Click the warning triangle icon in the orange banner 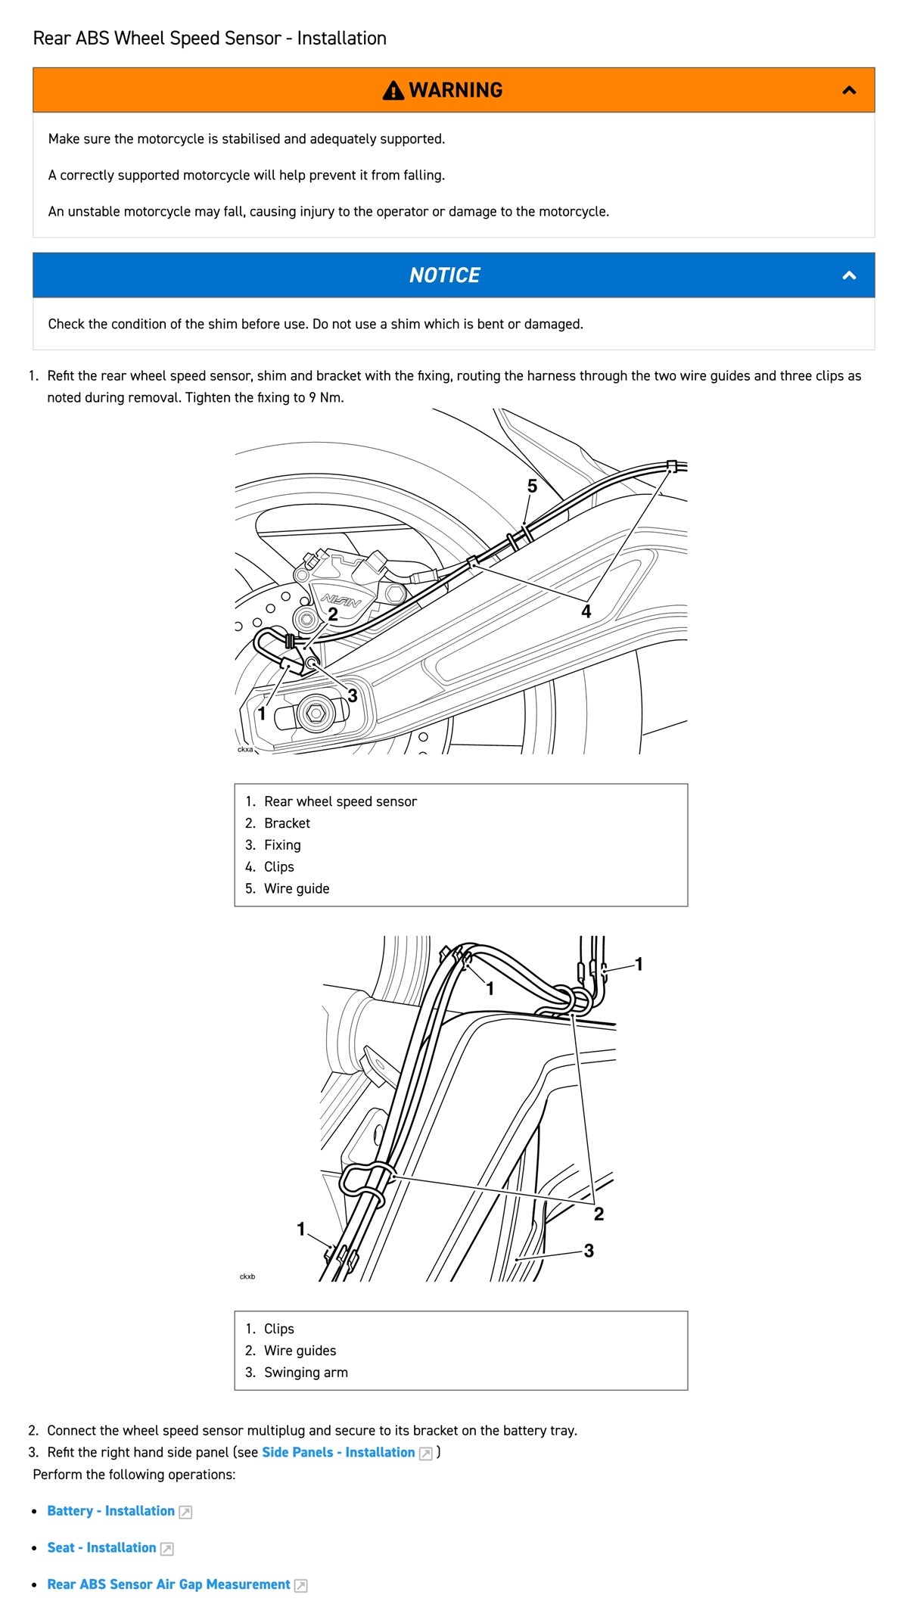393,91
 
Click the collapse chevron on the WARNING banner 849,90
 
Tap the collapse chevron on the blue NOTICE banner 849,275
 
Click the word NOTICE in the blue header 445,275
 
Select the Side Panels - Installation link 338,1452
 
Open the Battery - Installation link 110,1511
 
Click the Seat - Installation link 101,1547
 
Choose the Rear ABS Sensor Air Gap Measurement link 168,1584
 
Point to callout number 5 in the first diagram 532,487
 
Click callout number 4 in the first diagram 586,611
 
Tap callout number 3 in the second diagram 589,1251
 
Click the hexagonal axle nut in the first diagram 316,712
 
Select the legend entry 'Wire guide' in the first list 296,888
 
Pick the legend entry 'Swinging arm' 306,1372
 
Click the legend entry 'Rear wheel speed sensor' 340,801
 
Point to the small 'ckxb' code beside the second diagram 247,1276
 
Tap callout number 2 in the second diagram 599,1214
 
